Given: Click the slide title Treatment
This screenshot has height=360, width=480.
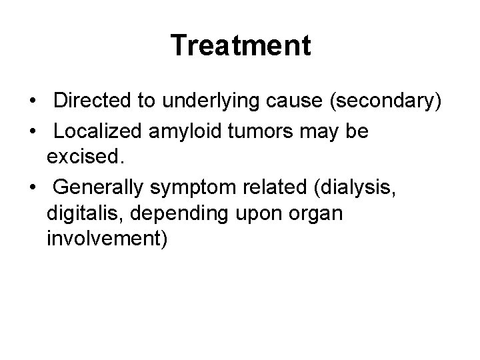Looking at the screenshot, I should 240,45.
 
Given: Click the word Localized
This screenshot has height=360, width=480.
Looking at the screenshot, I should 95,131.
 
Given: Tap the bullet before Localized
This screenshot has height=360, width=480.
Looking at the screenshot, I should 33,132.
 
